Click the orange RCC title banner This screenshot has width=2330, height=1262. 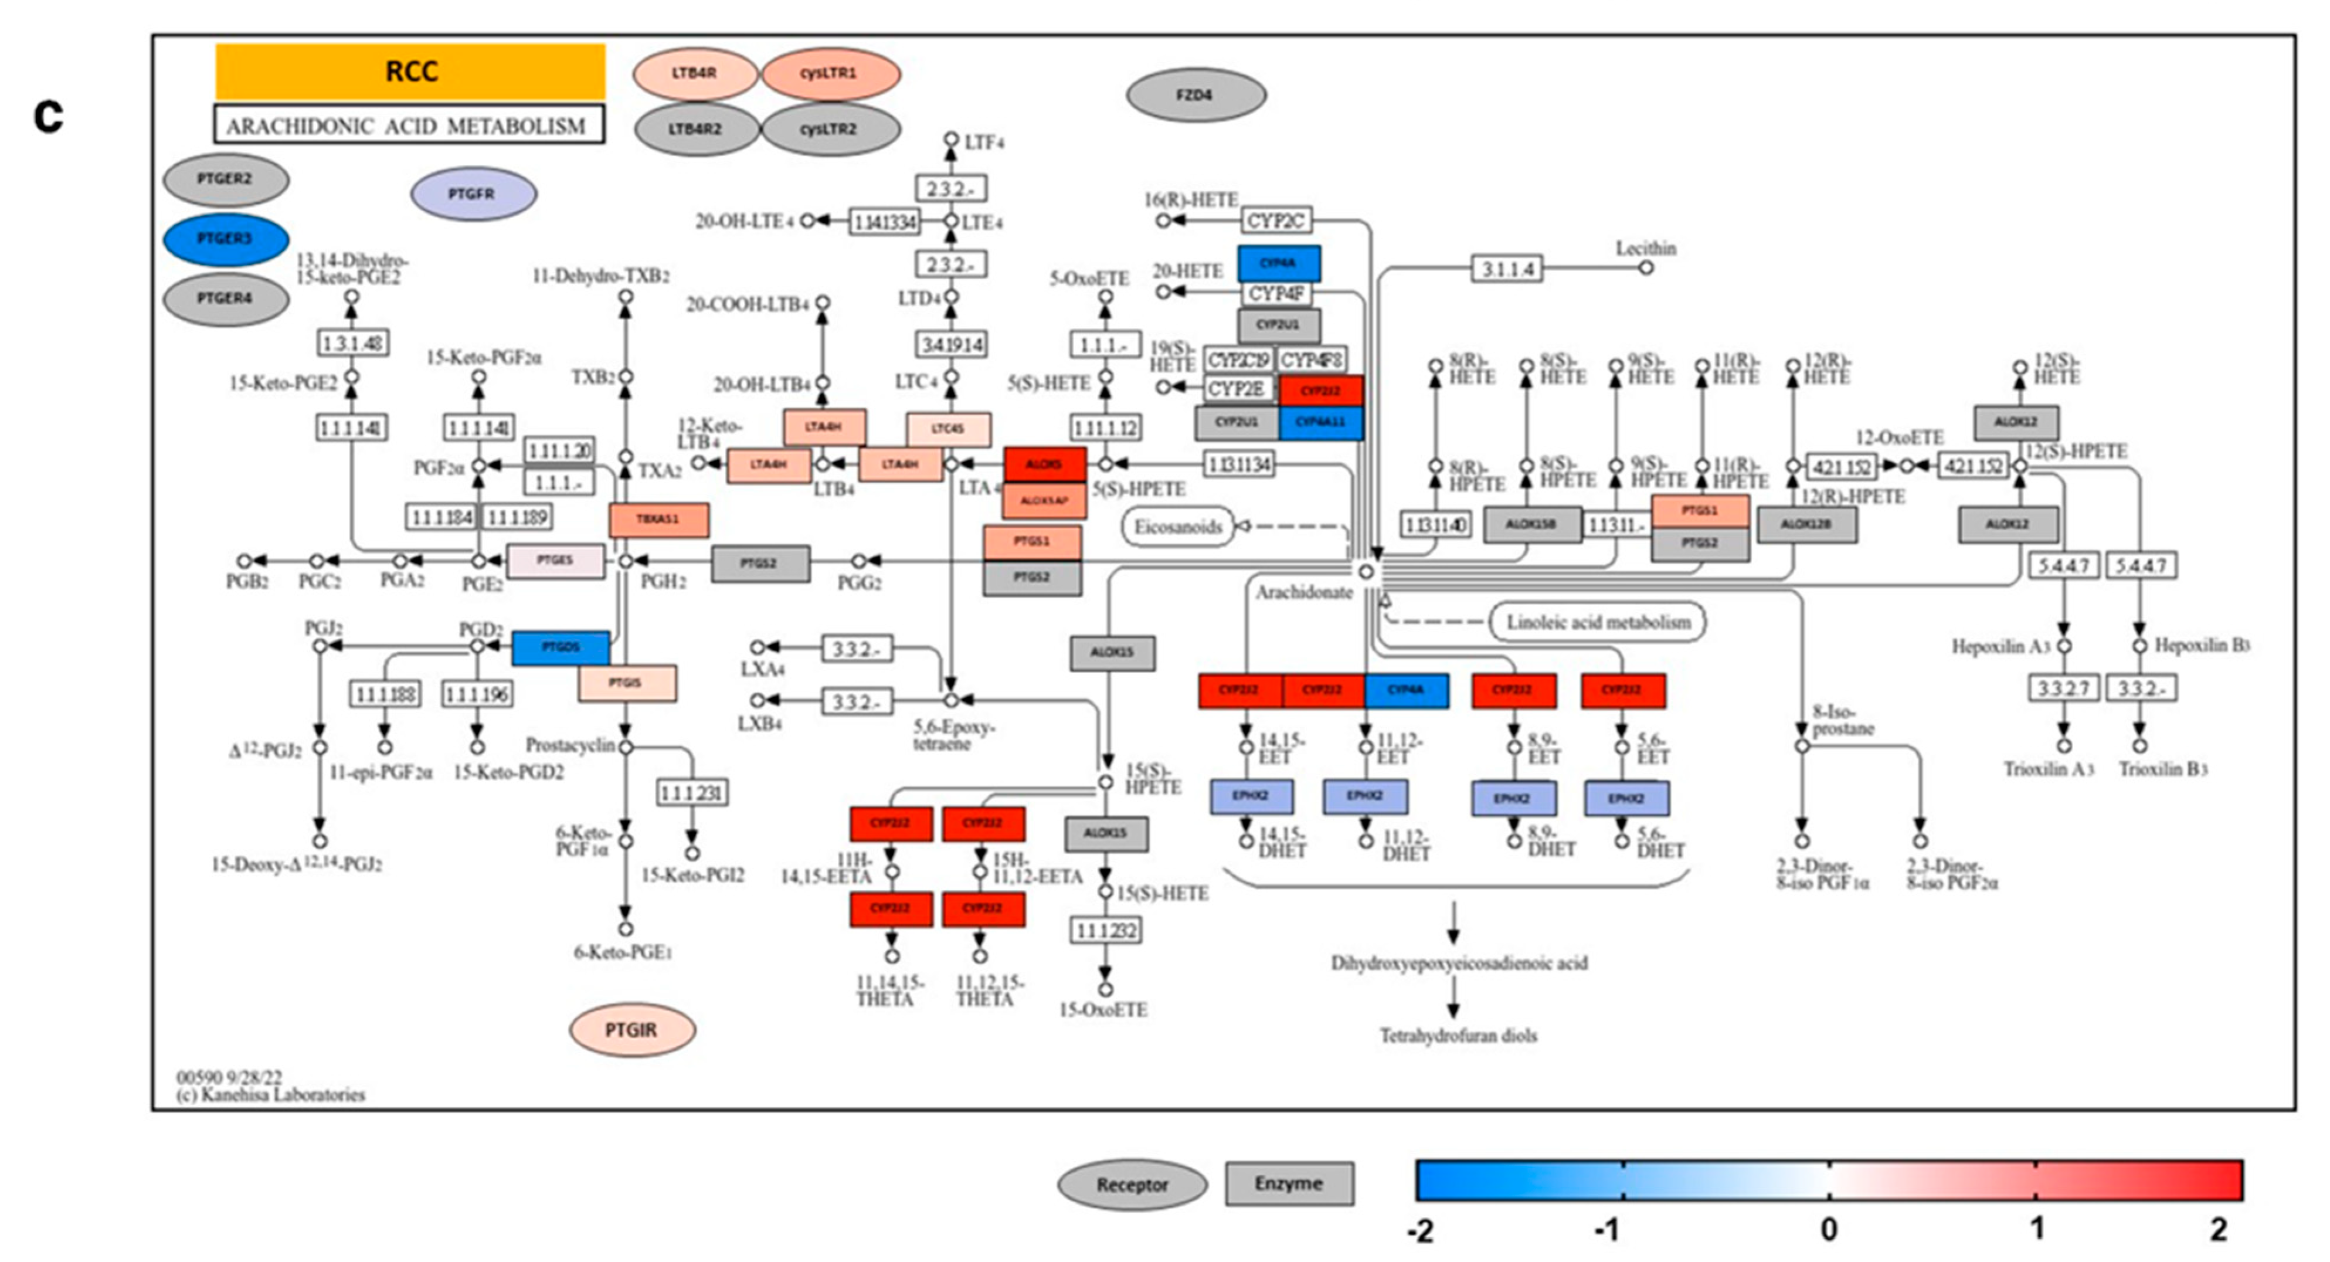tap(410, 72)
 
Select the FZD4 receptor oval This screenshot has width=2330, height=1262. tap(1195, 94)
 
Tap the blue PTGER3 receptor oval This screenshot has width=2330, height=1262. tap(225, 239)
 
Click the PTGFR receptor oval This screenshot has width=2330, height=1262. tap(473, 194)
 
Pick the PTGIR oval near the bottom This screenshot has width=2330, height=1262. tap(631, 1030)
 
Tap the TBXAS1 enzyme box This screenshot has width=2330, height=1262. tap(658, 519)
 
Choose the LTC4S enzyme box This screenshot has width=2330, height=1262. tap(948, 429)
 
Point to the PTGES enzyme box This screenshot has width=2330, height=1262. tap(555, 561)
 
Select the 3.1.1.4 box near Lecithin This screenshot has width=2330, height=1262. tap(1507, 269)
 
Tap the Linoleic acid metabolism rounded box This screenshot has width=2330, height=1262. tap(1597, 622)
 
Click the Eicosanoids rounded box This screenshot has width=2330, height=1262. tap(1178, 527)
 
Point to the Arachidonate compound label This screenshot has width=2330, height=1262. tap(1303, 592)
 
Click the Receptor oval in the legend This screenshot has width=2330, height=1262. tap(1132, 1184)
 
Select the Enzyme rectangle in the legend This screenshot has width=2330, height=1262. tap(1289, 1183)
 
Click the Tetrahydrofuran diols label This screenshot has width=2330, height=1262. tap(1458, 1035)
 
